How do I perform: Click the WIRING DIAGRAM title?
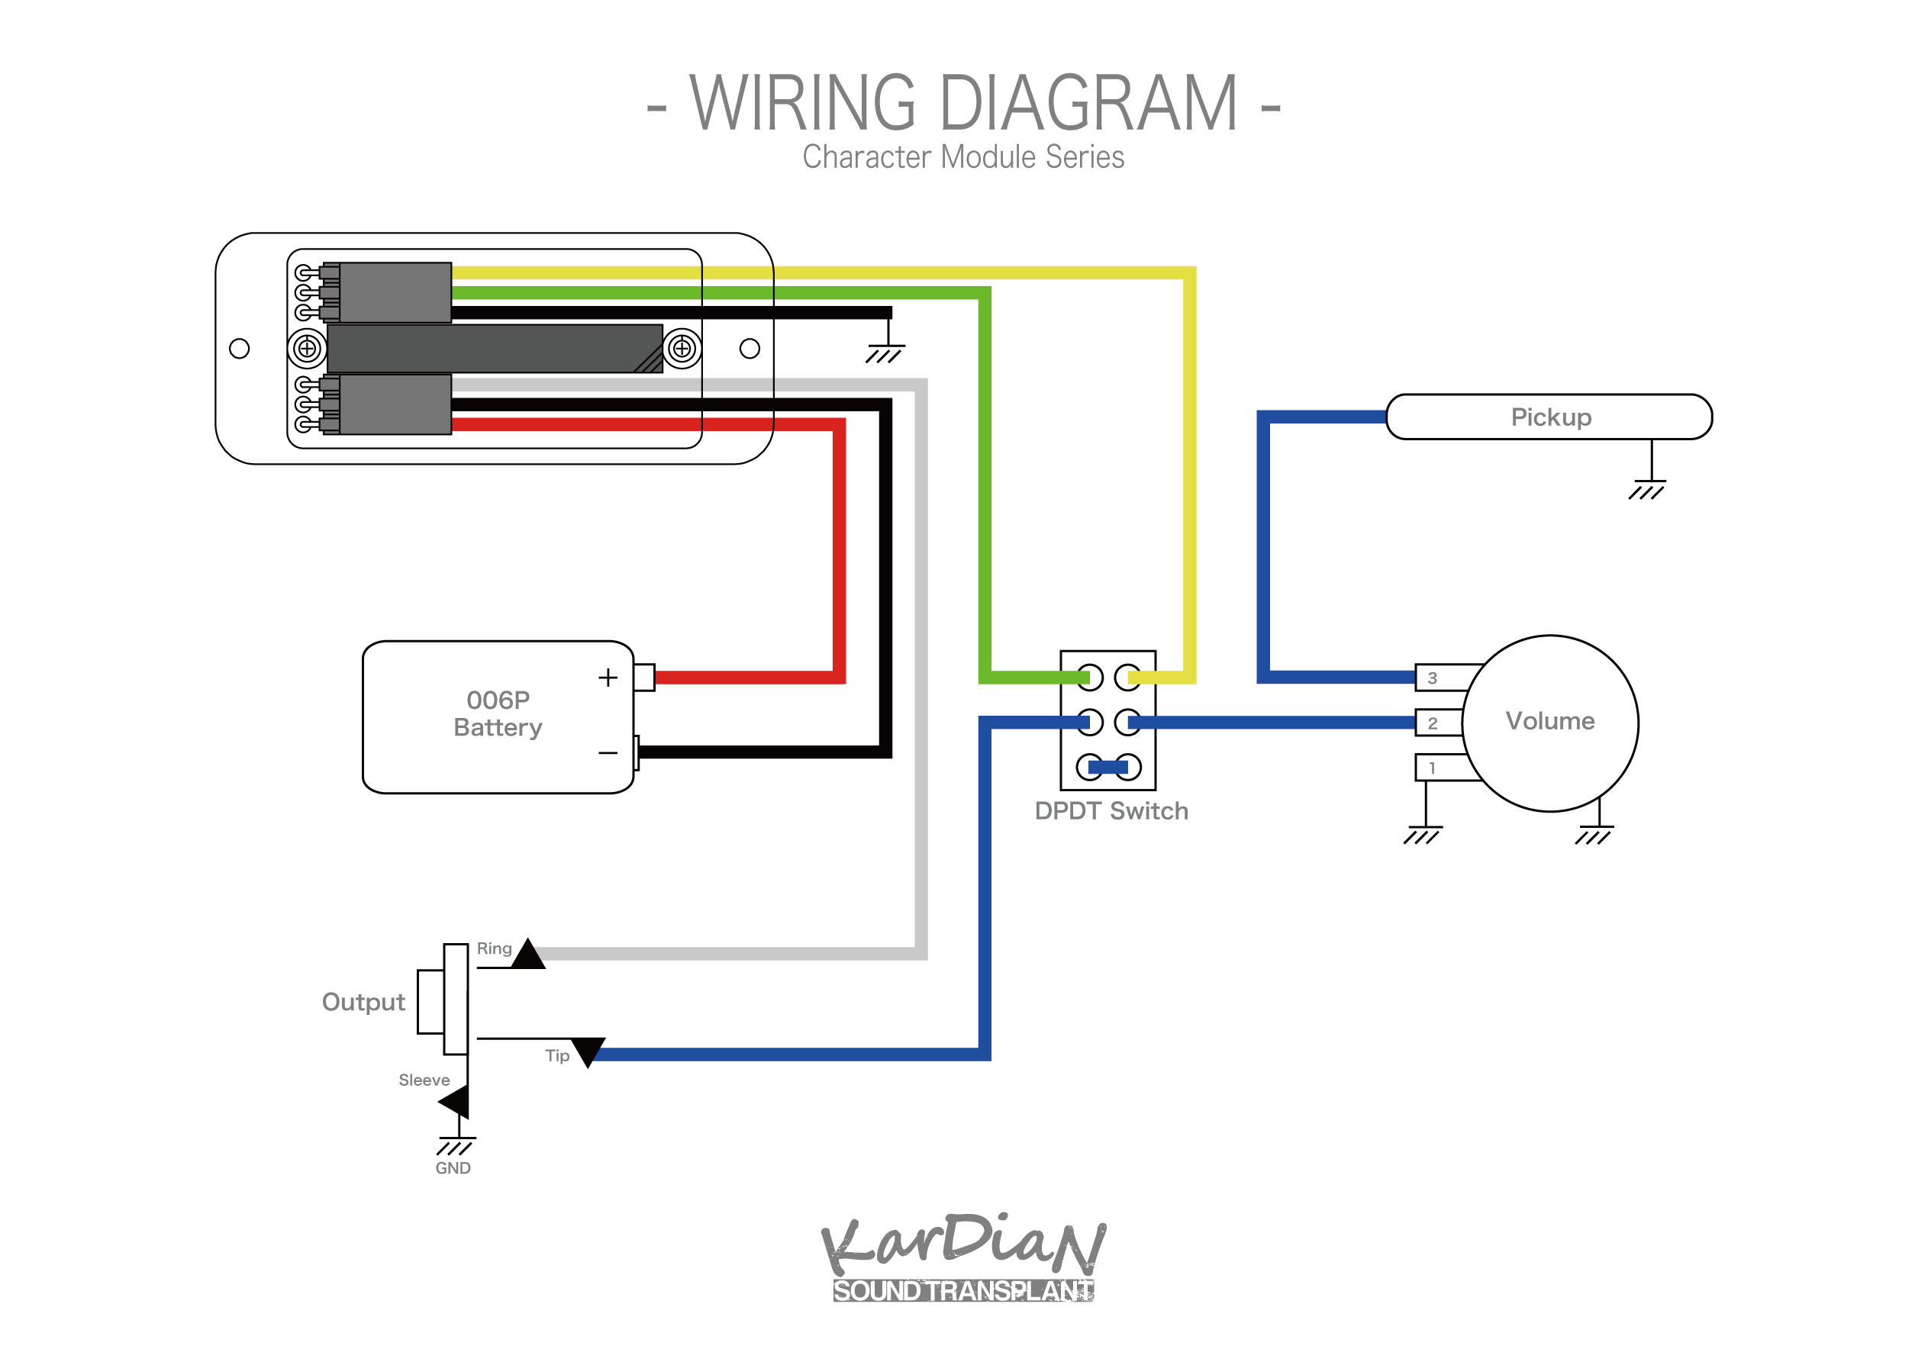tap(963, 103)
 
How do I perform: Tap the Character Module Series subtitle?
tap(963, 157)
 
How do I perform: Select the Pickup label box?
tap(1549, 417)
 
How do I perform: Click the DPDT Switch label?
tap(1111, 811)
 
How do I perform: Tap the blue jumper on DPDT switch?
tap(1108, 767)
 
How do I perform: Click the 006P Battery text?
tap(498, 713)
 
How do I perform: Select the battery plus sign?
tap(608, 678)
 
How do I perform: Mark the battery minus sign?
tap(608, 753)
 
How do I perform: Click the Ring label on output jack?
tap(494, 948)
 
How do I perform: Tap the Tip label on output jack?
tap(556, 1055)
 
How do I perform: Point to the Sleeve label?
tap(424, 1080)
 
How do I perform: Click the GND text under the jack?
tap(453, 1168)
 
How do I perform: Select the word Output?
tap(363, 1002)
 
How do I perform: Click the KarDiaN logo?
tap(963, 1255)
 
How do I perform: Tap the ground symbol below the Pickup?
tap(1646, 491)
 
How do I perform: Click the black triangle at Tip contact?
tap(588, 1050)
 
